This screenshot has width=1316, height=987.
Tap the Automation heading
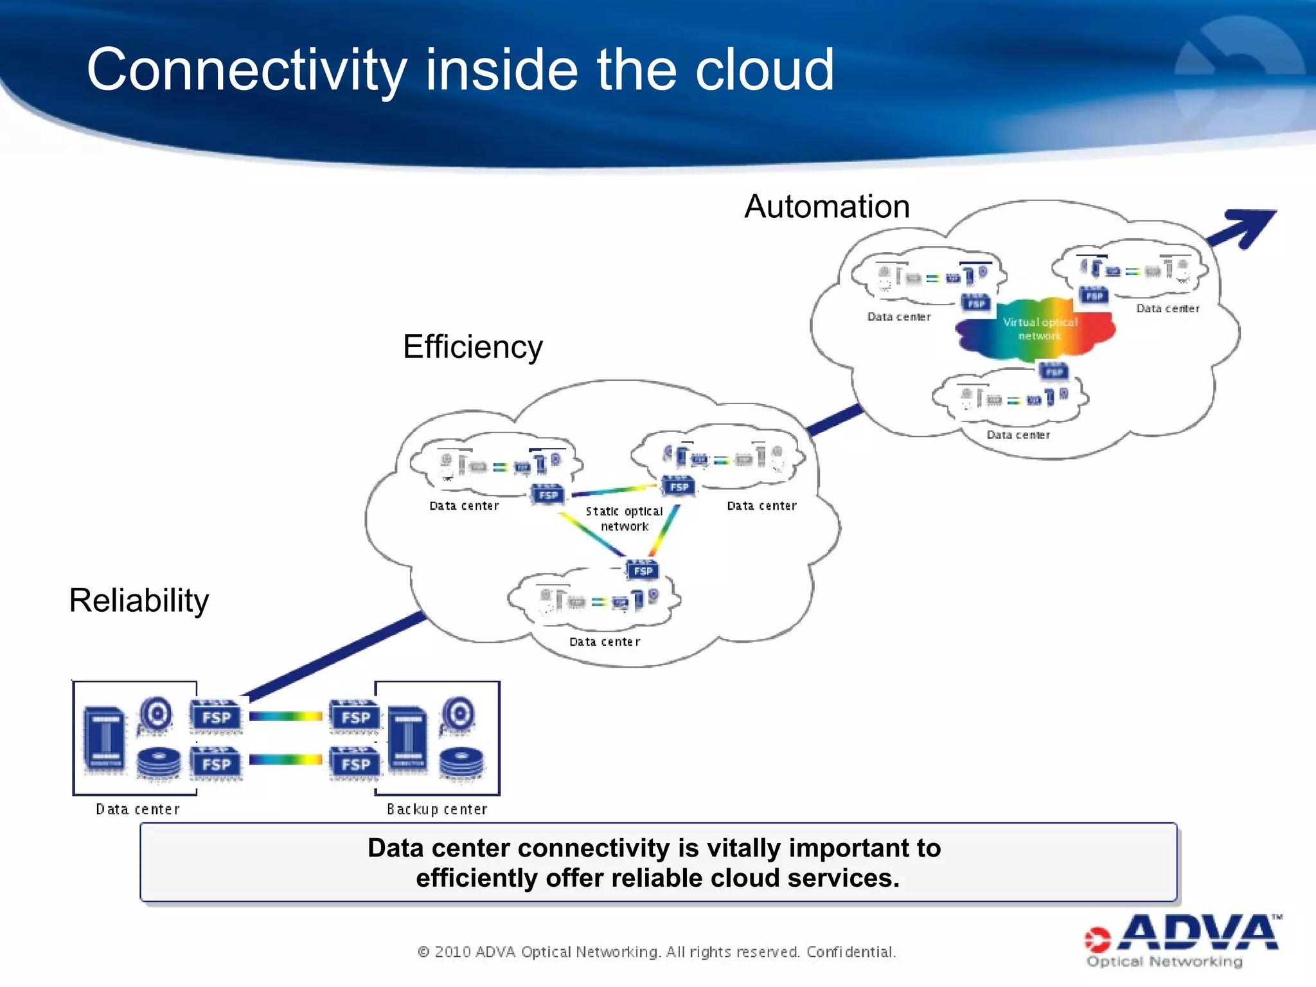point(826,207)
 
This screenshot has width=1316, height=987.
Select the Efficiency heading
point(472,347)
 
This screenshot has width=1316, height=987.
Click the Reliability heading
point(139,601)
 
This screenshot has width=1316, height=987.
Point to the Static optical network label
point(624,519)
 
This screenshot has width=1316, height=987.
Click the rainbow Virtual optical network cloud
point(1036,329)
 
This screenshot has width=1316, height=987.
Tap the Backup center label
point(437,809)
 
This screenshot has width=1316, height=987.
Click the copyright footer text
point(657,952)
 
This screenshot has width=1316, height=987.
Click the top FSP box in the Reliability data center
point(217,716)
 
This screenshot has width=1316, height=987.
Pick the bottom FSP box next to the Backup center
point(355,763)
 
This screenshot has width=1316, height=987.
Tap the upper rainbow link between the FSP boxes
point(286,716)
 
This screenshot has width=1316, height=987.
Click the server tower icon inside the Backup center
point(407,738)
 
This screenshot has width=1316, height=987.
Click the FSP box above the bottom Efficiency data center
point(643,570)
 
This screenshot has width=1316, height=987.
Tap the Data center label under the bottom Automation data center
point(1018,435)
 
